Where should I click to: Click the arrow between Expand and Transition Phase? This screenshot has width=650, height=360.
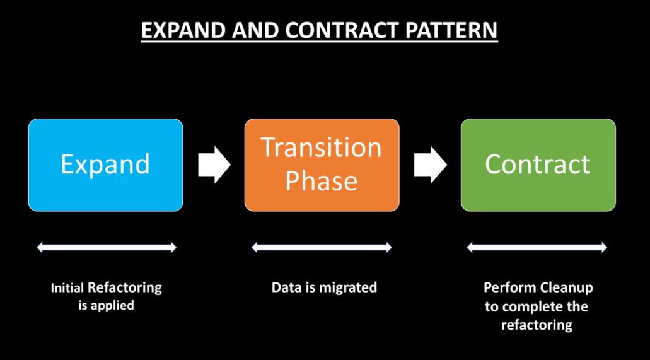214,165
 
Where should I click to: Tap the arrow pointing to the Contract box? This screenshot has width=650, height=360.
430,165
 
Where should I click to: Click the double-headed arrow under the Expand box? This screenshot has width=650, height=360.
107,248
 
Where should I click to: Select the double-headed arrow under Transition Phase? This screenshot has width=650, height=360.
322,248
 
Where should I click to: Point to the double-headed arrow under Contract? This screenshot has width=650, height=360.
537,248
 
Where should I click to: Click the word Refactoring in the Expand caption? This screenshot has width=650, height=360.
124,288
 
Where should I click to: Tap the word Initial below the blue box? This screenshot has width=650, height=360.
67,288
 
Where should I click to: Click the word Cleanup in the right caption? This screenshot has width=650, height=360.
566,287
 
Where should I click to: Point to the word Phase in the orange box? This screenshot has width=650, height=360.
322,181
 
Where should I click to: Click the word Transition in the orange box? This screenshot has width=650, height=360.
322,148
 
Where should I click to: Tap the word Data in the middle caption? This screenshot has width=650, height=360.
286,287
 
